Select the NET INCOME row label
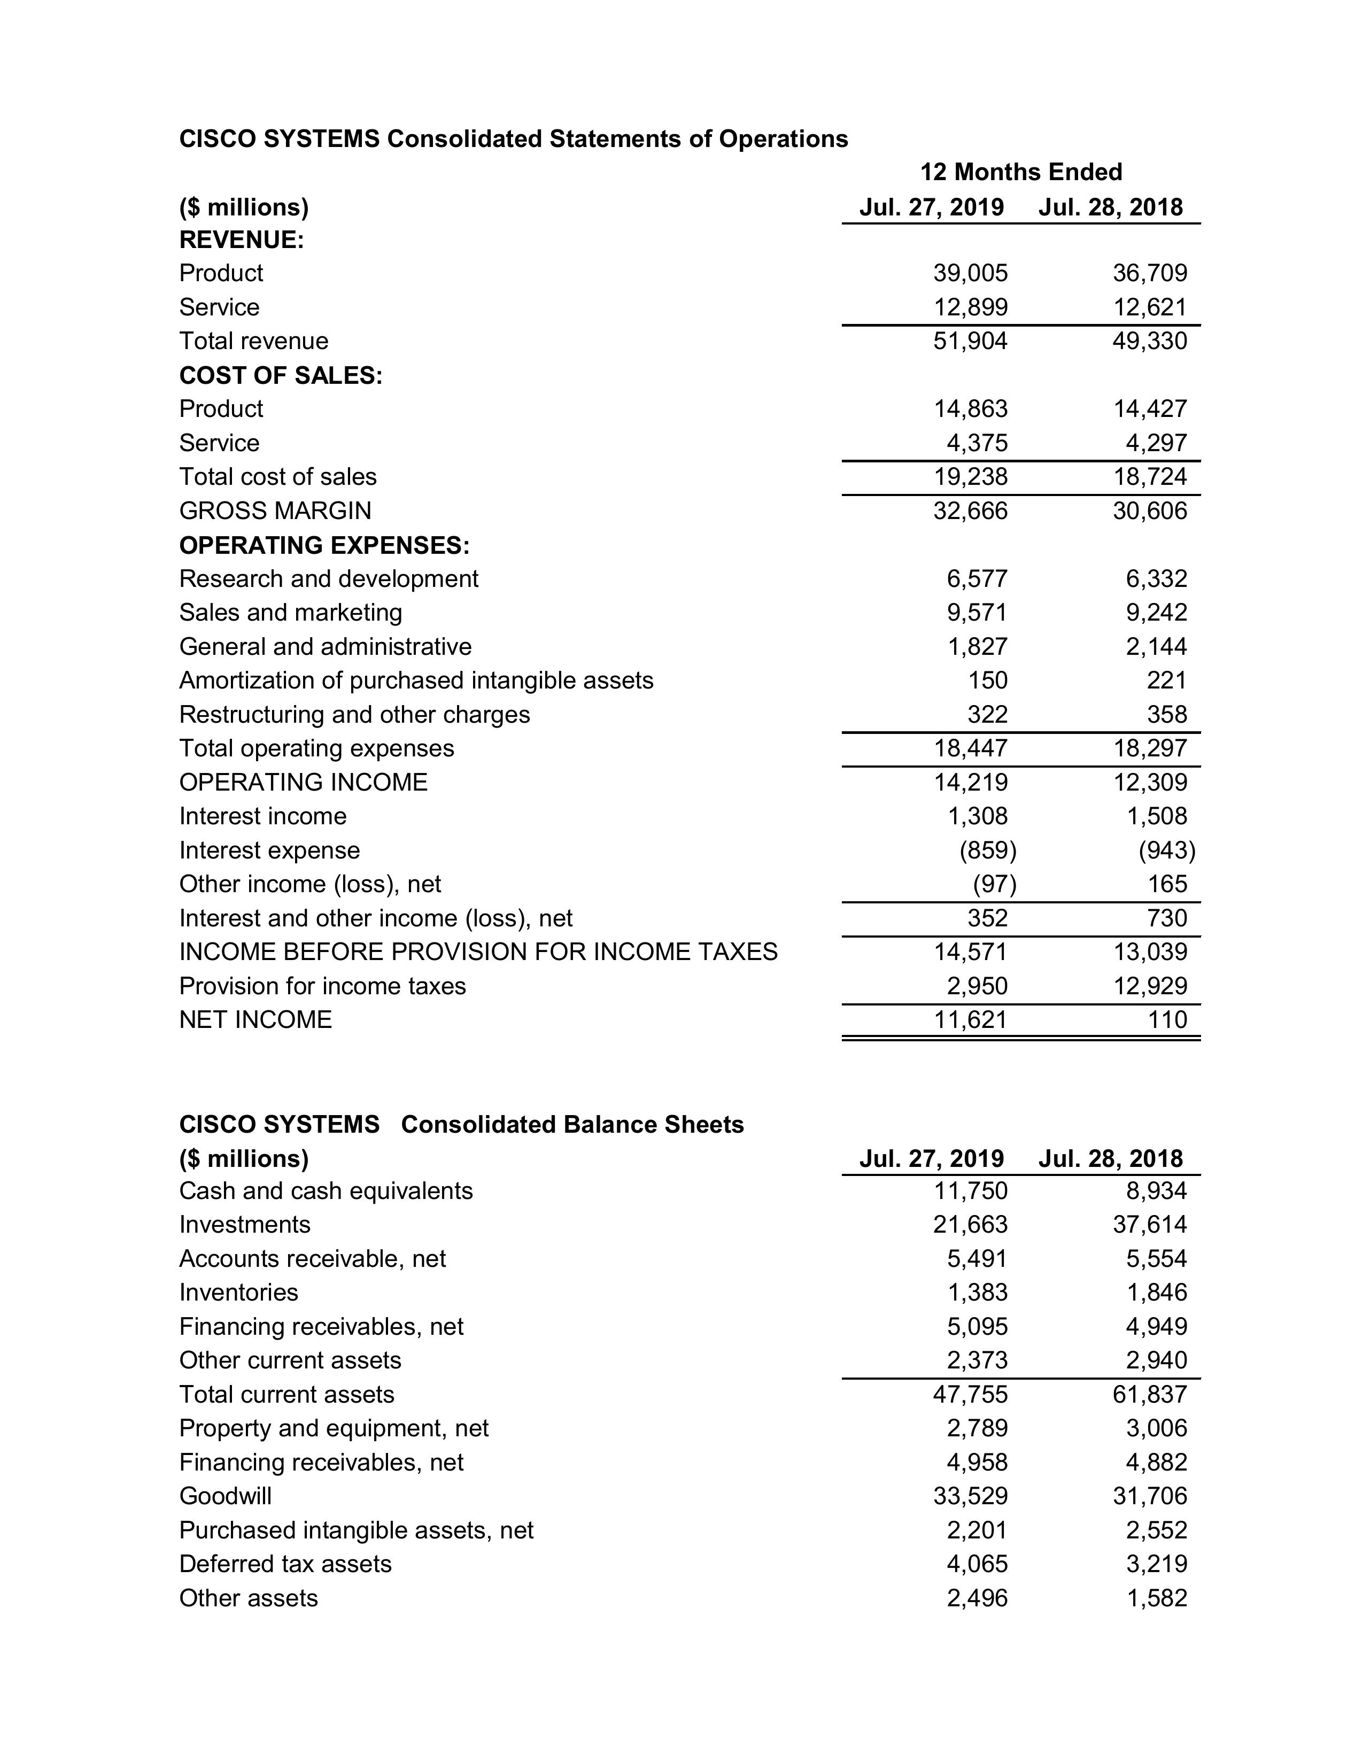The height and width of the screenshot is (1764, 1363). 255,1019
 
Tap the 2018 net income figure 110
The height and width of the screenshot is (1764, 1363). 1167,1019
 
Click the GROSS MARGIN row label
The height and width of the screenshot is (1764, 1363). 275,510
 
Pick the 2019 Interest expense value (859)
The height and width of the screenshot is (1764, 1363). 987,850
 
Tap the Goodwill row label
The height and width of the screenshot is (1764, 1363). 225,1496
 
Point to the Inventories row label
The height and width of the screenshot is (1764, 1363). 238,1293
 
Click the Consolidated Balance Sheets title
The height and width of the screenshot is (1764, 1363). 572,1124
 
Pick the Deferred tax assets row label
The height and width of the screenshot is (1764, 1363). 285,1564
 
